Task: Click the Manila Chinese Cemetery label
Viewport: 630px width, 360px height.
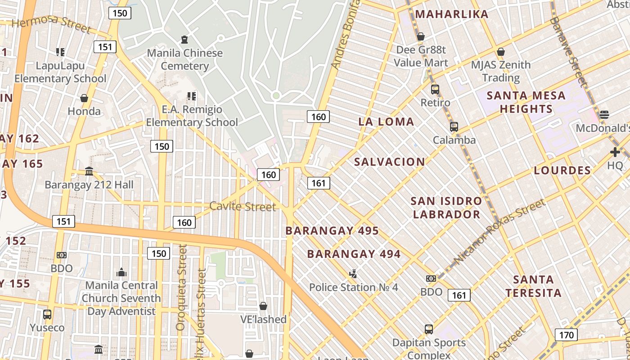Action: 185,59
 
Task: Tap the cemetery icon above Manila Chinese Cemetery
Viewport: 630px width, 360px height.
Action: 184,40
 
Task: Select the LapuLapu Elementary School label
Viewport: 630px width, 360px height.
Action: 60,72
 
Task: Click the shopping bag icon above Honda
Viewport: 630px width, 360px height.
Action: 84,98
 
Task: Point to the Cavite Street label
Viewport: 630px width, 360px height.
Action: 243,207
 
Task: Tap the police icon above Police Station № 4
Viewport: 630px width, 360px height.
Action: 354,273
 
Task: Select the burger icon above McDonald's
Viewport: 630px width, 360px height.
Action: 604,114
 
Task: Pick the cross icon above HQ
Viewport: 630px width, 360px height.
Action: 615,152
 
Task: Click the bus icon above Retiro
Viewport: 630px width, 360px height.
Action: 435,90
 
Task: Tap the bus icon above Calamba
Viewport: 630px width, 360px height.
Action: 454,127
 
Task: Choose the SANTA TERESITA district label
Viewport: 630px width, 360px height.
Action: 533,286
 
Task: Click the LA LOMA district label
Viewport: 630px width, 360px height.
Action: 386,121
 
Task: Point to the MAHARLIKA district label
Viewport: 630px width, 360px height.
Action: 451,14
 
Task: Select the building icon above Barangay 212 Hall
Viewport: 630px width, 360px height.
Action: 89,171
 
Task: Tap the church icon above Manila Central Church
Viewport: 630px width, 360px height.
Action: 121,272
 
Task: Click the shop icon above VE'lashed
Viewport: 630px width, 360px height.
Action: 263,306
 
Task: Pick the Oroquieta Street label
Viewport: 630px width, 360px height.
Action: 181,288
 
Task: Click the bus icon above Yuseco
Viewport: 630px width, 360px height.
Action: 47,314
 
